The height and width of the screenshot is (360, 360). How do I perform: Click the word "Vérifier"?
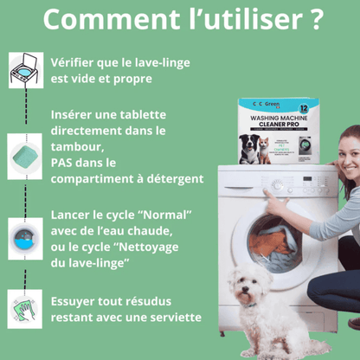click(78, 63)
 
